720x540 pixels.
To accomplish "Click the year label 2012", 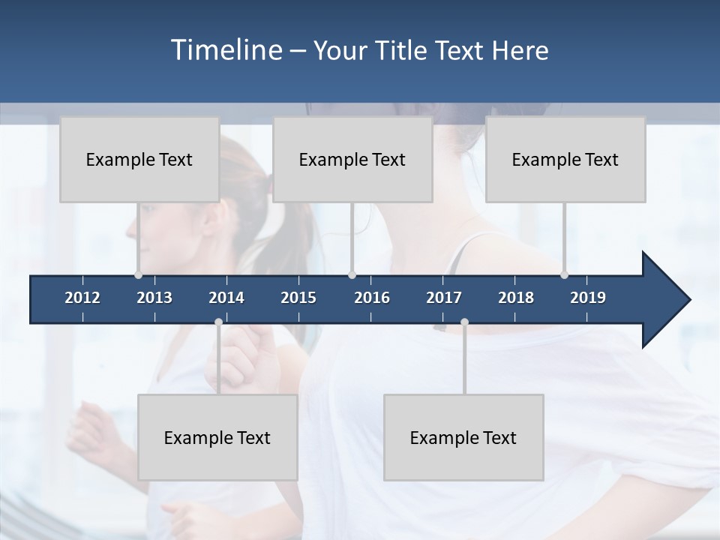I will [x=82, y=298].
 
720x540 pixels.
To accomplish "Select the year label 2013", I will [x=154, y=298].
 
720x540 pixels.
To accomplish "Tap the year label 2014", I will [x=226, y=298].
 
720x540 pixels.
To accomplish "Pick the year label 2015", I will [x=298, y=298].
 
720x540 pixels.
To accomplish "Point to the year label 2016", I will [x=372, y=298].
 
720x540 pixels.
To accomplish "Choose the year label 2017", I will [x=444, y=298].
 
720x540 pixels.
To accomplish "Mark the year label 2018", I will [x=516, y=298].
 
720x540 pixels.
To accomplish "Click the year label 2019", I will [x=588, y=298].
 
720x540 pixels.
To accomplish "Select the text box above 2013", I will [x=139, y=159].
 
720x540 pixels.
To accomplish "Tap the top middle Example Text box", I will [x=352, y=159].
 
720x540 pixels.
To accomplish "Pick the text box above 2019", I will [x=565, y=159].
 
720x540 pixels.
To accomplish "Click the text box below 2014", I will [x=217, y=437].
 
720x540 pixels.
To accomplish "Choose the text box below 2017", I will [x=463, y=437].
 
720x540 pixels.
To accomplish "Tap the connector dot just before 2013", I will [x=138, y=274].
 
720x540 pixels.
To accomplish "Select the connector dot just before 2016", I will [x=352, y=274].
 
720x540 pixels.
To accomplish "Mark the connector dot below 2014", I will [x=218, y=322].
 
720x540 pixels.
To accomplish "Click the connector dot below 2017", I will [x=464, y=322].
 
